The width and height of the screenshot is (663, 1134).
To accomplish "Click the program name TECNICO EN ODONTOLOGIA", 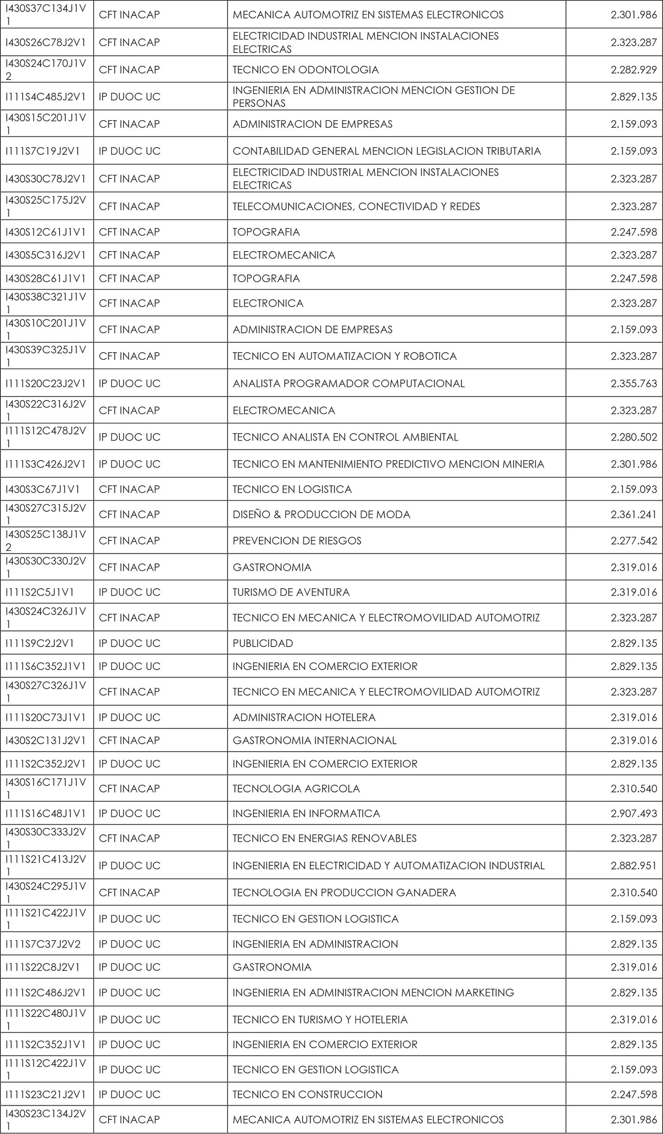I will click(305, 70).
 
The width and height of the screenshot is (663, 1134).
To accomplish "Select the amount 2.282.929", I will click(633, 70).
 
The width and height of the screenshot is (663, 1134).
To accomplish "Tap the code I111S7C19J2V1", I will click(42, 151).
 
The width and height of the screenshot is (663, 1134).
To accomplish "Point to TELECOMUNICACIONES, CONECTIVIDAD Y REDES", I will click(356, 206).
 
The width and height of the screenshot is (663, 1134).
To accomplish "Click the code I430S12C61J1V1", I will click(45, 232).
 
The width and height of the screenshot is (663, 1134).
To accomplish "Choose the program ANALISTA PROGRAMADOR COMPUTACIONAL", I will click(348, 384).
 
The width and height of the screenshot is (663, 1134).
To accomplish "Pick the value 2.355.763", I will click(633, 384).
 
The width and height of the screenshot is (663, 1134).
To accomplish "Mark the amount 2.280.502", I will click(633, 437).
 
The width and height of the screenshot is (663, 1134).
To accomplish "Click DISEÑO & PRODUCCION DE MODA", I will click(321, 514).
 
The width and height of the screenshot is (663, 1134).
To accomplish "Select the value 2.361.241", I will click(633, 514).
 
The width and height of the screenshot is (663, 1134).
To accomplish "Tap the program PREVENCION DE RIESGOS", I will click(297, 541).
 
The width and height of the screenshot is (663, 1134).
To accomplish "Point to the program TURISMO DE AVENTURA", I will click(291, 592).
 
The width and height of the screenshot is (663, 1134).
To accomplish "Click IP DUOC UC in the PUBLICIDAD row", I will click(130, 643).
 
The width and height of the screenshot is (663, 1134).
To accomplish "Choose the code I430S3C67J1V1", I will click(42, 489).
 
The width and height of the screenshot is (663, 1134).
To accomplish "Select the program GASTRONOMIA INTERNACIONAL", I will click(314, 740).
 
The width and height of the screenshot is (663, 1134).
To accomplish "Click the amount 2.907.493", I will click(633, 813).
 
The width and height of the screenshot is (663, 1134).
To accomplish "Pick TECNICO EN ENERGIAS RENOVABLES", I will click(324, 838).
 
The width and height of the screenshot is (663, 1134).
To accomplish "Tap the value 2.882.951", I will click(633, 865).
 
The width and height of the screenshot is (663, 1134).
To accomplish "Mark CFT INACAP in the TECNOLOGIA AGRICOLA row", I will click(129, 788).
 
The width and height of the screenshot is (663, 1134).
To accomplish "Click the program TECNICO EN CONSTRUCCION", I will click(308, 1094).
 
